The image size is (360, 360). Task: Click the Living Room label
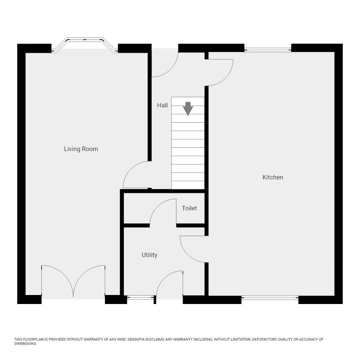[81, 149]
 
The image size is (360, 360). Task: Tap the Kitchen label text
[273, 177]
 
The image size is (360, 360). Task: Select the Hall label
[162, 105]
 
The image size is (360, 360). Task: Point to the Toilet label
[189, 208]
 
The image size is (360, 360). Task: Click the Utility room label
[149, 255]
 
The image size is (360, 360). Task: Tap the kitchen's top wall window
[268, 50]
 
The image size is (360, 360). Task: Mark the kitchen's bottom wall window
[270, 298]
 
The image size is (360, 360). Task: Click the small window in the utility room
[140, 297]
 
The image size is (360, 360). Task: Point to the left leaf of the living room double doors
[57, 279]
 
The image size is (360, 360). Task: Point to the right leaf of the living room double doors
[89, 279]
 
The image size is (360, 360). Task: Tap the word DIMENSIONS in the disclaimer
[25, 344]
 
